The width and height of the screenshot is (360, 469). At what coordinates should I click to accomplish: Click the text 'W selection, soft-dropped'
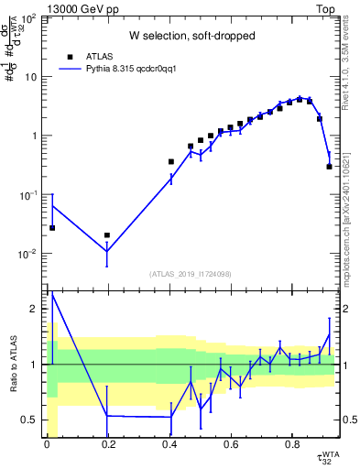tap(191, 36)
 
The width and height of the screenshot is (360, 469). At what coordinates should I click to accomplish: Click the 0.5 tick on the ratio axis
tap(34, 420)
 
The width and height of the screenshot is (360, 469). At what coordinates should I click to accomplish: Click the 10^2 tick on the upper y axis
tap(32, 18)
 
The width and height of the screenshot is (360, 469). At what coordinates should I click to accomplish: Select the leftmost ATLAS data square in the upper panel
tap(52, 228)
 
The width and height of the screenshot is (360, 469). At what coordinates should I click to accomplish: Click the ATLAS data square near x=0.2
tap(107, 235)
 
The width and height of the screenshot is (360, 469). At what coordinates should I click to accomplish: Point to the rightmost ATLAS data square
tap(329, 166)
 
